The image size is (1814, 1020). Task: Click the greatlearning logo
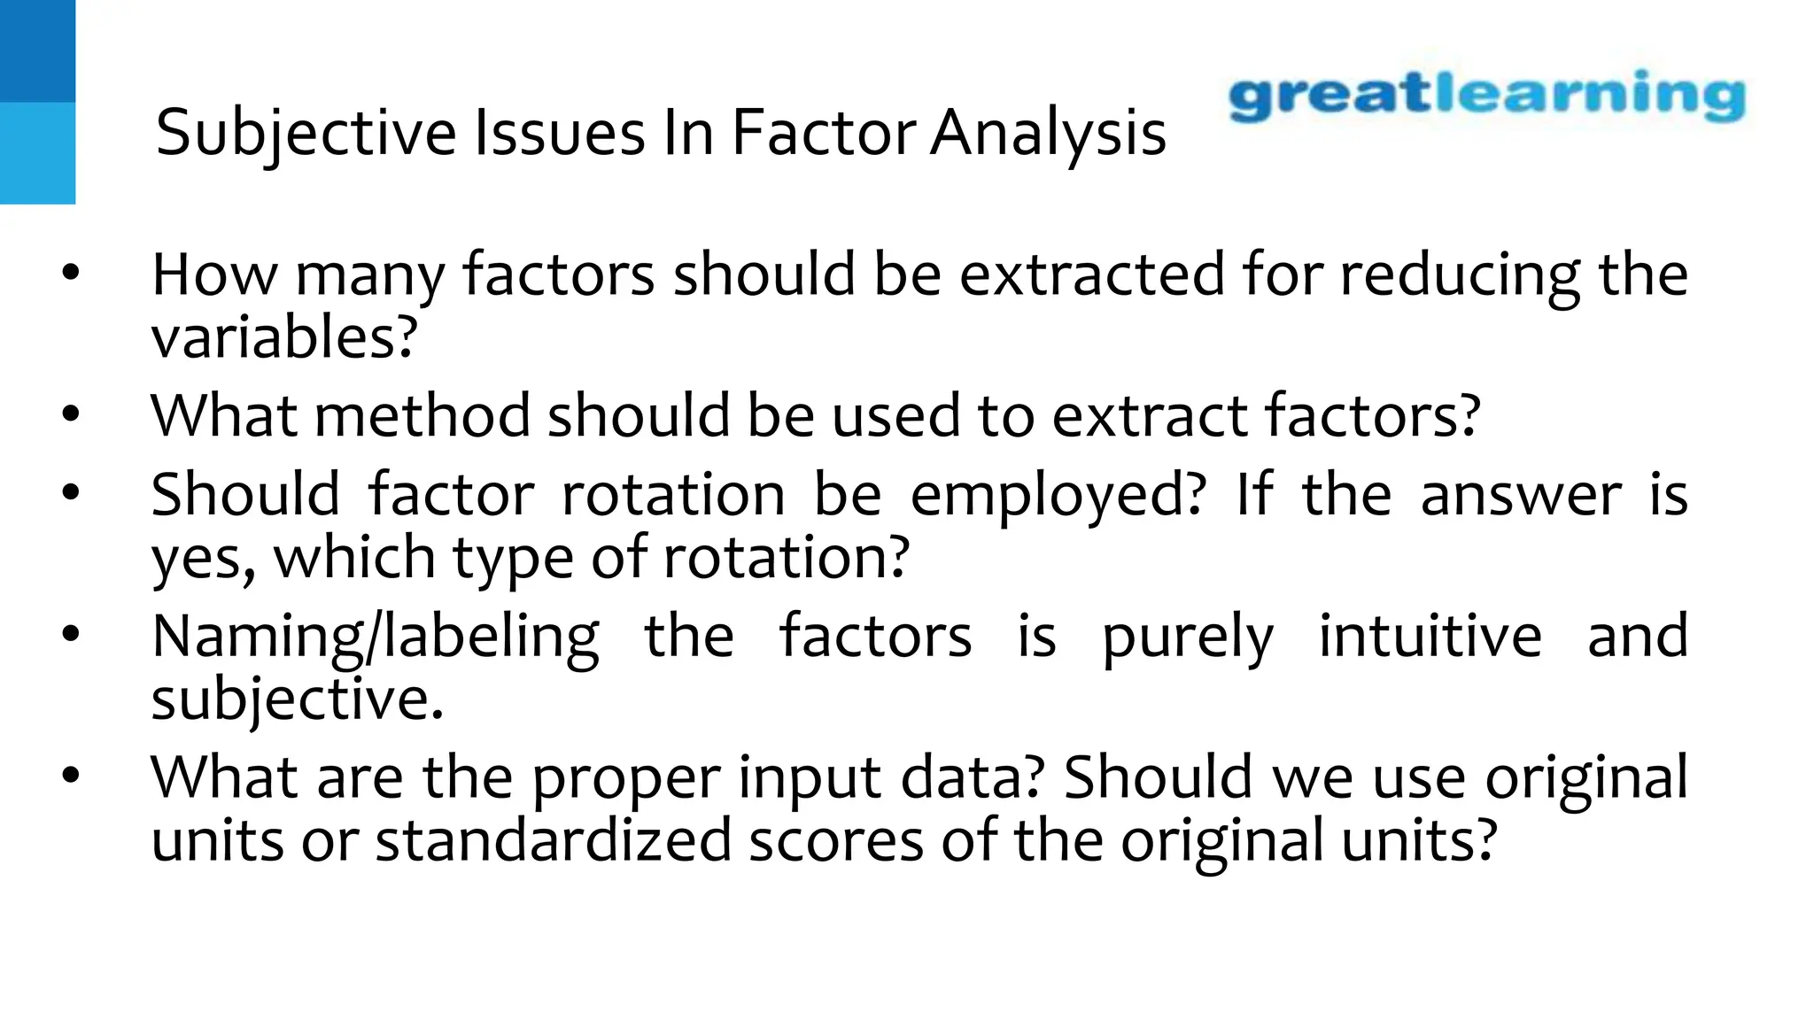[1486, 95]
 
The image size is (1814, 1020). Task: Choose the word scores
[836, 840]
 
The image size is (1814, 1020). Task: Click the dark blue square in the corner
[37, 50]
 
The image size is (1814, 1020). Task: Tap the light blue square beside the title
[37, 153]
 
